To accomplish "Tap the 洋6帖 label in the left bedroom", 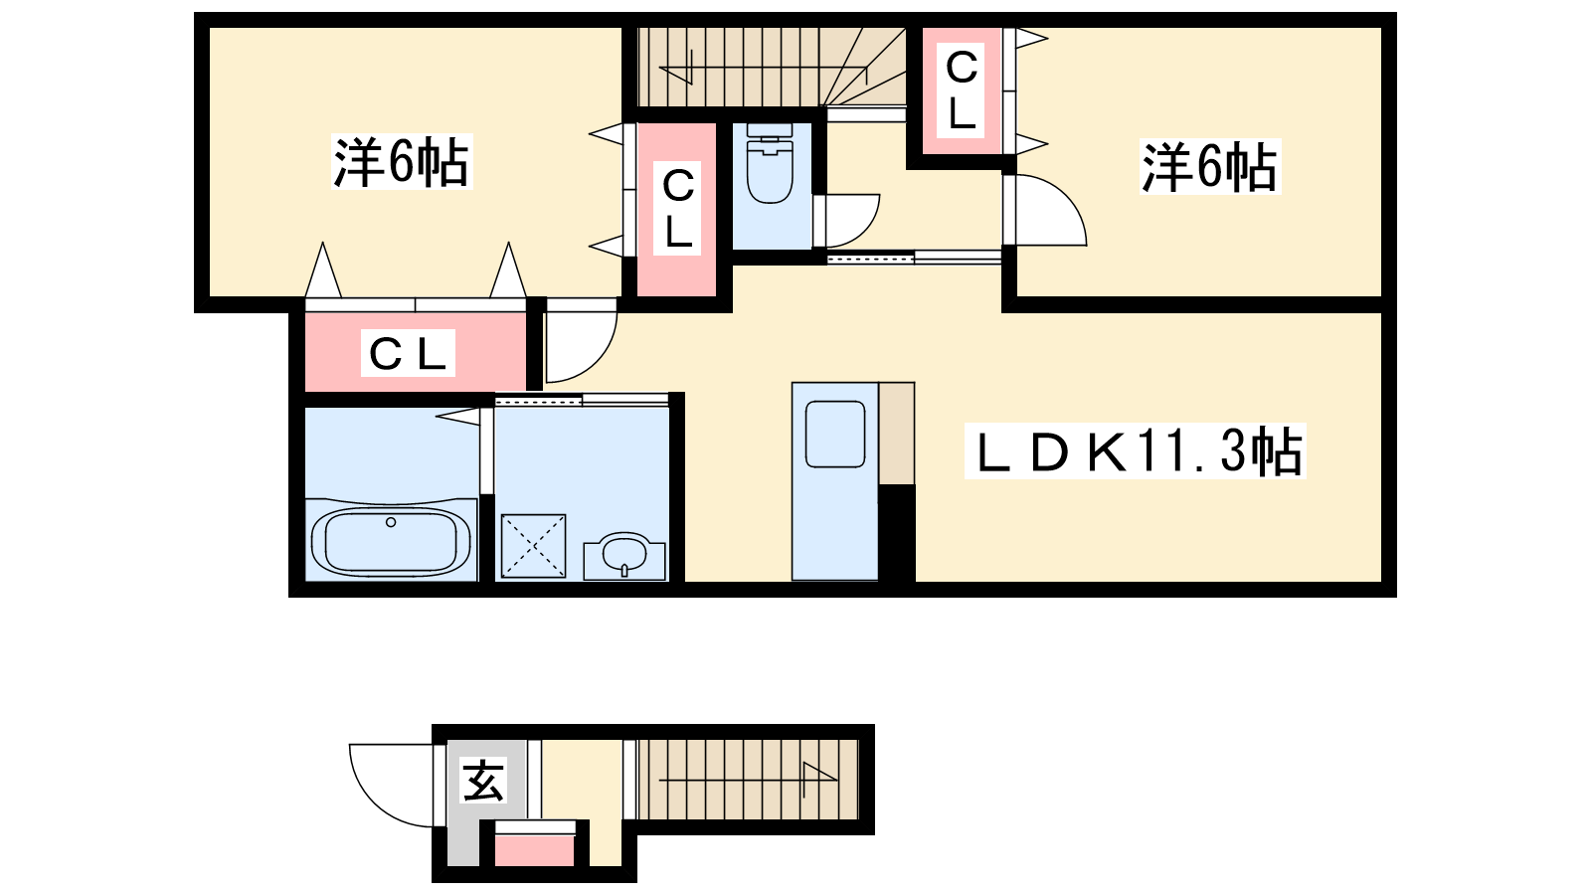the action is tap(402, 162).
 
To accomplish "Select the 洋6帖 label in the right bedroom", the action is tap(1209, 167).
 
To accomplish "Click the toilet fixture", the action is tap(770, 163).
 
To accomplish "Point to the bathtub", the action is tap(391, 541).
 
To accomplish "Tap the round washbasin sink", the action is tap(624, 553).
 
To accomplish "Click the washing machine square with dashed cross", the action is tap(533, 546).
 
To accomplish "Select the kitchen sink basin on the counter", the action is tap(834, 434).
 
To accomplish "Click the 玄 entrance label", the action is tap(483, 780).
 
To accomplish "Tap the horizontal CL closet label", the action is tap(408, 353).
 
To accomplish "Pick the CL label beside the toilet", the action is tap(678, 208).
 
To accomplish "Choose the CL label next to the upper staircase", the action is tap(962, 89).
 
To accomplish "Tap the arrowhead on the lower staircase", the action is tap(819, 772).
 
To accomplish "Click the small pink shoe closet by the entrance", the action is tap(534, 850).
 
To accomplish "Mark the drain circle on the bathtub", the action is tap(390, 523).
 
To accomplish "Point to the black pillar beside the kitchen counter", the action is tap(896, 533).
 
